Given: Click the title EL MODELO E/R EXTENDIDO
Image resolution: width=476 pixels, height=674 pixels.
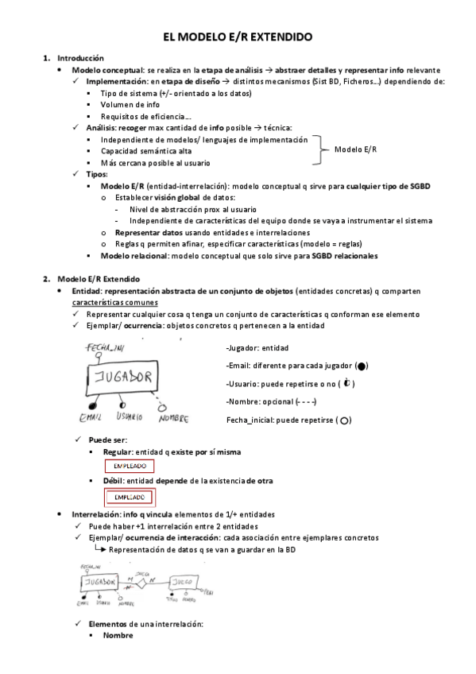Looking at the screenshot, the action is [238, 37].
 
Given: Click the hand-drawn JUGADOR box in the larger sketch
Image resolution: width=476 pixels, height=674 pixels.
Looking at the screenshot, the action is [121, 378].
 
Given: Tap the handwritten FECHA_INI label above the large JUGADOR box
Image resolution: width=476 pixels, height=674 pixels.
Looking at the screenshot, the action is [106, 348].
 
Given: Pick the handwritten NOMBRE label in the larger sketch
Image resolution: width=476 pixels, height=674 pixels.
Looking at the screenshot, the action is [173, 417].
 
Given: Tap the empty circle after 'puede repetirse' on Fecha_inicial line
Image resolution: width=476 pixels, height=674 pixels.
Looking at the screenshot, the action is [345, 420].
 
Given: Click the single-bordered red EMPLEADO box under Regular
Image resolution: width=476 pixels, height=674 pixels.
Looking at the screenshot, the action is [130, 467].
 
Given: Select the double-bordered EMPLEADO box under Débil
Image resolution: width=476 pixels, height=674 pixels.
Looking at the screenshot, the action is [130, 498].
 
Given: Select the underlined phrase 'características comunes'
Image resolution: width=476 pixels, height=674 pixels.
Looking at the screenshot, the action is [114, 302].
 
